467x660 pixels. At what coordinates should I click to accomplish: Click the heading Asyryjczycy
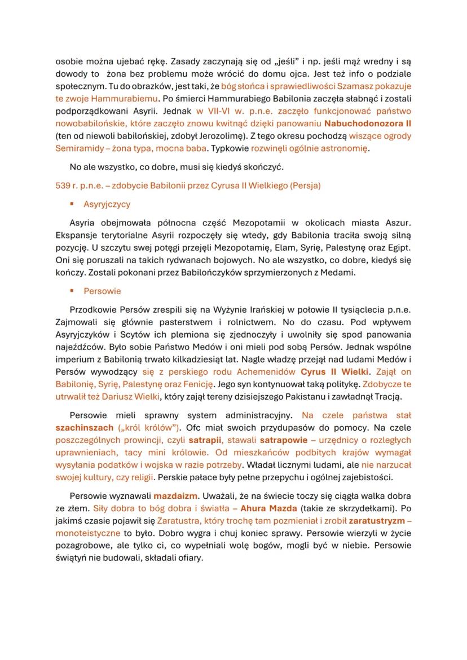coord(107,204)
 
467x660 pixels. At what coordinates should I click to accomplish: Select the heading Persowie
coord(102,291)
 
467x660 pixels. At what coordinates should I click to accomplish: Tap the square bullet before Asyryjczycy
coord(73,204)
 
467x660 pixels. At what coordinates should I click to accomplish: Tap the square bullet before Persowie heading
coord(73,291)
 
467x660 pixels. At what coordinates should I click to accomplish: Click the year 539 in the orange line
coord(63,185)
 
